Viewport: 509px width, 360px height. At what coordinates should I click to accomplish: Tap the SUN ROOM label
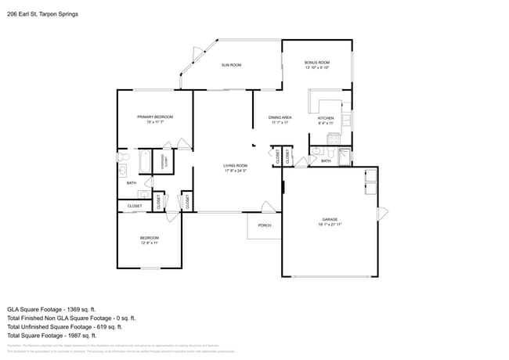click(x=230, y=65)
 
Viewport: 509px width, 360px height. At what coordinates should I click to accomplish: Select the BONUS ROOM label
click(x=317, y=62)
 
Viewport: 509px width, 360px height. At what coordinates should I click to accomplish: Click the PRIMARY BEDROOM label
click(x=154, y=117)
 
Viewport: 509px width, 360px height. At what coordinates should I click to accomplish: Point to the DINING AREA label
click(x=280, y=117)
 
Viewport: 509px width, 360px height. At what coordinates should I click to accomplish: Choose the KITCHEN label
click(x=326, y=118)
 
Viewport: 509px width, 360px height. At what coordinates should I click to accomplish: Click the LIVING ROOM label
click(x=235, y=165)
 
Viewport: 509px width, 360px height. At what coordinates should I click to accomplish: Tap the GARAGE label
click(x=330, y=219)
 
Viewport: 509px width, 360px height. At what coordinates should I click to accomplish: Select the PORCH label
click(x=264, y=225)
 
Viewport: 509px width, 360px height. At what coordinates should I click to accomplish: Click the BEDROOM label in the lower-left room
click(x=150, y=238)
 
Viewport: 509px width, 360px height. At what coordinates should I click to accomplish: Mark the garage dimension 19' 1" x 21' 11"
click(x=330, y=225)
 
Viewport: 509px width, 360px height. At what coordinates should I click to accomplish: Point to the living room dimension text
click(x=235, y=171)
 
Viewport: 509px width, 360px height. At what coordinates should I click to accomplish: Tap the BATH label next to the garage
click(x=326, y=160)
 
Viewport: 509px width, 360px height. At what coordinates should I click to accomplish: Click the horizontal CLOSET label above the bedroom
click(x=135, y=206)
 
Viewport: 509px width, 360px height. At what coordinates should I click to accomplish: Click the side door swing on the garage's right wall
click(x=383, y=214)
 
